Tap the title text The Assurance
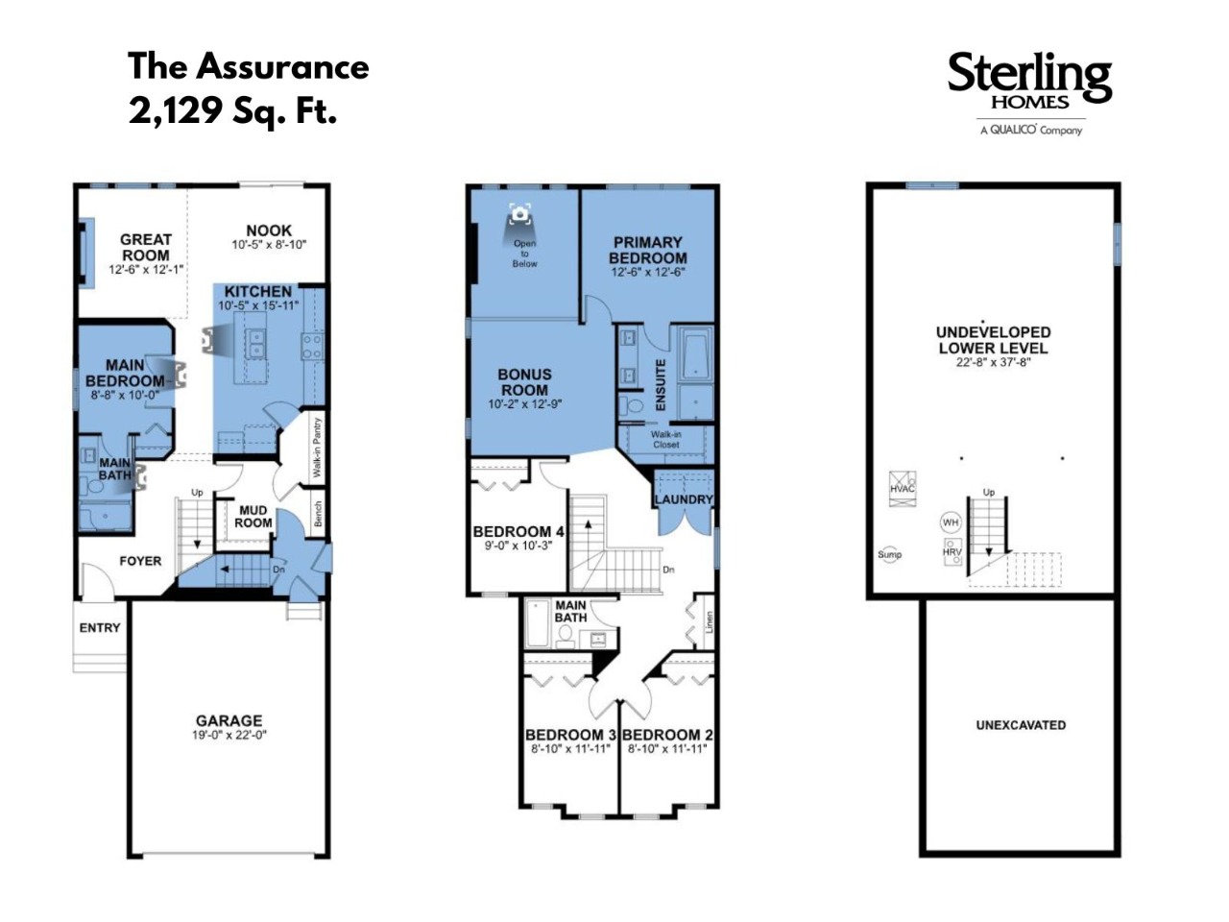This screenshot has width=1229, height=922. tap(249, 66)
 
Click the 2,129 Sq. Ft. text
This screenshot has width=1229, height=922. tap(232, 110)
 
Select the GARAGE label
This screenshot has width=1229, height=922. tap(229, 720)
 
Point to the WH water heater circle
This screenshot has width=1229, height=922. tap(951, 522)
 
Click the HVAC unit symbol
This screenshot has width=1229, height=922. tap(903, 489)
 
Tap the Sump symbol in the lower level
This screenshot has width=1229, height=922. tap(890, 554)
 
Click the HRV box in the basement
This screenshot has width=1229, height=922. tap(952, 552)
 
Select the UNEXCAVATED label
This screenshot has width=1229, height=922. tap(1021, 725)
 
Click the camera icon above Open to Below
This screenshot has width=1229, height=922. tap(520, 214)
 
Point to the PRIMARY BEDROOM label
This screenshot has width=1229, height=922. tap(648, 251)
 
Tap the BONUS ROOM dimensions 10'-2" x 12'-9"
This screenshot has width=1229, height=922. tap(524, 403)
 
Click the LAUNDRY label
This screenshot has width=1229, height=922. tap(684, 498)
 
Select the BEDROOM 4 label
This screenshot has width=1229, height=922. tap(518, 531)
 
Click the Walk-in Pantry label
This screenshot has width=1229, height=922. tap(317, 448)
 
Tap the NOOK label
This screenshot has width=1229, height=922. tap(269, 230)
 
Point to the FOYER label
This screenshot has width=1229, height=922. tap(140, 561)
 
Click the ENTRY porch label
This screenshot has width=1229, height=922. tap(100, 627)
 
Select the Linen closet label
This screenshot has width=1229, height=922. tap(709, 622)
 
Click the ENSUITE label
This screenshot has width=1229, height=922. tap(661, 384)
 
